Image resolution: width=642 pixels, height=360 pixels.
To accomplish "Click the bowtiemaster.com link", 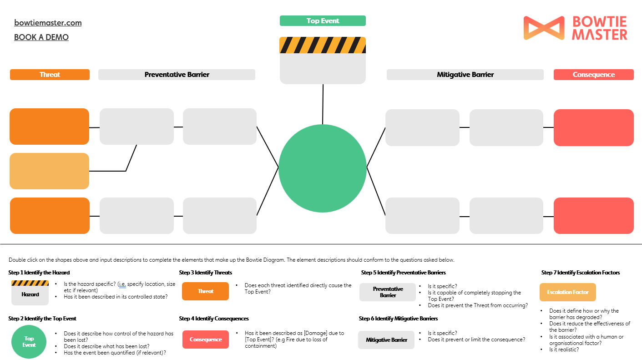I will click(x=48, y=23).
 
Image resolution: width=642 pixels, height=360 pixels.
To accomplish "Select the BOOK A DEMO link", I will click(x=41, y=37).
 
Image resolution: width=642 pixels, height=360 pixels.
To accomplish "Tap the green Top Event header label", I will click(x=323, y=21).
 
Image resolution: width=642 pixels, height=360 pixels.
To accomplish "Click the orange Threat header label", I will click(x=50, y=75).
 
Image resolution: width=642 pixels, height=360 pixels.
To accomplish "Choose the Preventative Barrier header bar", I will click(x=177, y=75).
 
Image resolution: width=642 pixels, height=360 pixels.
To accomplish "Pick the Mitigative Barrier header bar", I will click(x=465, y=75).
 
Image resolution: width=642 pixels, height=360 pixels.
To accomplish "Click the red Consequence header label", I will click(x=593, y=75).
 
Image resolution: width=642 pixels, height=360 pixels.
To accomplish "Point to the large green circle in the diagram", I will click(x=323, y=168).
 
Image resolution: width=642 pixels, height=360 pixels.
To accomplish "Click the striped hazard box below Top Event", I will click(x=323, y=61).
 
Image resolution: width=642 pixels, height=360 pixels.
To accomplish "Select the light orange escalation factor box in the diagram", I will click(x=49, y=171).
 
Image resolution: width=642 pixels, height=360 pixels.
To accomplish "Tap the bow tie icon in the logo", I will click(x=544, y=28).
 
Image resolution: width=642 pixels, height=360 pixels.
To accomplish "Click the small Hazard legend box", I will click(x=30, y=293).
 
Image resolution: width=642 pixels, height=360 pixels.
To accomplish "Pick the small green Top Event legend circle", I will click(x=29, y=342).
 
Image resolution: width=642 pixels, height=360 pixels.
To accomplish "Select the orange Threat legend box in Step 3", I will click(x=205, y=291).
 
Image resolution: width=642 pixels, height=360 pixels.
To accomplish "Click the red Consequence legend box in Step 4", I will click(x=205, y=340).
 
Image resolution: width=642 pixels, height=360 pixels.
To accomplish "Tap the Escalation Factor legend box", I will click(x=567, y=292).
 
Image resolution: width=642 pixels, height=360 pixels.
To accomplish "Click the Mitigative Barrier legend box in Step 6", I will click(x=386, y=340).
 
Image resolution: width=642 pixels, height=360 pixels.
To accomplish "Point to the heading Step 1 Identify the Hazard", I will click(x=39, y=273).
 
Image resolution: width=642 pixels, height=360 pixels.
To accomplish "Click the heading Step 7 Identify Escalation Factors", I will click(x=581, y=273).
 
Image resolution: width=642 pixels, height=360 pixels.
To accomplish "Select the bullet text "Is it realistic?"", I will click(x=564, y=350).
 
